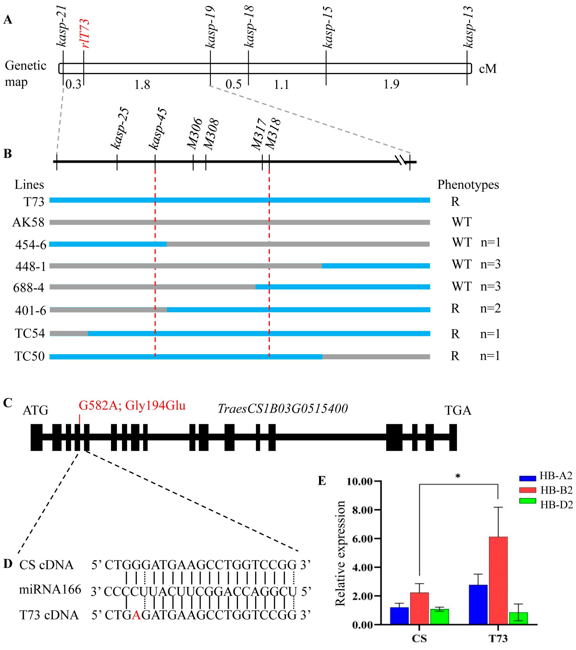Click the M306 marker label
tap(195, 134)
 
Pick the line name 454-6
tap(31, 245)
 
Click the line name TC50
tap(30, 356)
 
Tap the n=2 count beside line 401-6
tap(490, 308)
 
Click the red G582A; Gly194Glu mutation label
tap(132, 406)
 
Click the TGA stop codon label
tap(458, 410)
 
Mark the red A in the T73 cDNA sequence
tap(136, 615)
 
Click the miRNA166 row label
tap(50, 590)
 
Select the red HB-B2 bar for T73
tap(498, 581)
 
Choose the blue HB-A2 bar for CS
tap(399, 616)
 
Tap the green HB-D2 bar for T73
tap(518, 619)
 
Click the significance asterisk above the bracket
tap(458, 476)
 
